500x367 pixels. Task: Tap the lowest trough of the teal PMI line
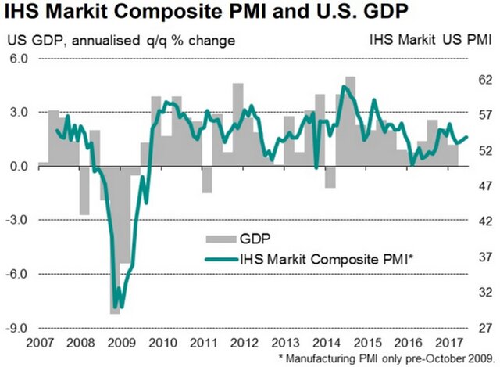pos(116,306)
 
